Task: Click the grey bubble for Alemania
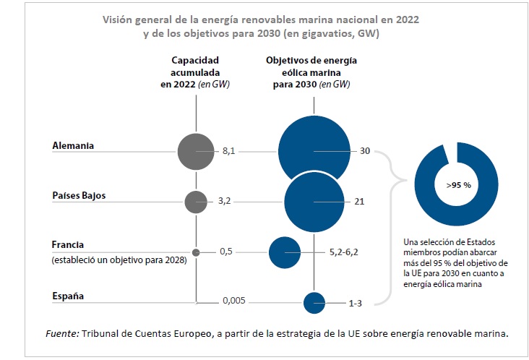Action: click(196, 152)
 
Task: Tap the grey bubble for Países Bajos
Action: click(196, 202)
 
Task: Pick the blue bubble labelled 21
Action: click(313, 202)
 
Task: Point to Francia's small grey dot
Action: click(196, 252)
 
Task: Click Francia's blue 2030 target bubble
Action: click(284, 252)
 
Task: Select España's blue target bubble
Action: click(314, 302)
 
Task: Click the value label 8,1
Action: click(229, 152)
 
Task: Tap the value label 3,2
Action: click(225, 202)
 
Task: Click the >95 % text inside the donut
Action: click(458, 185)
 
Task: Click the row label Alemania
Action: click(74, 145)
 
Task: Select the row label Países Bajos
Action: click(79, 196)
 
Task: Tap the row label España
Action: click(68, 296)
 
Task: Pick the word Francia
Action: click(69, 244)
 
